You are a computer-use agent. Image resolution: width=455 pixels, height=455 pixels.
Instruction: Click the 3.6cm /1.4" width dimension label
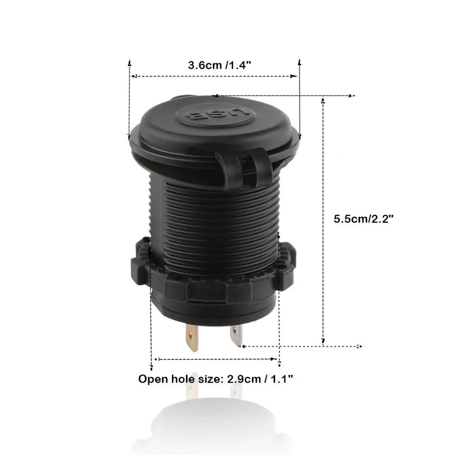pos(220,65)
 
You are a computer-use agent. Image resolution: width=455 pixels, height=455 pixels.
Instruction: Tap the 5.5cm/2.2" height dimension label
pos(364,218)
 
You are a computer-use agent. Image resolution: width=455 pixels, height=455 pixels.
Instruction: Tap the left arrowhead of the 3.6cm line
pos(132,76)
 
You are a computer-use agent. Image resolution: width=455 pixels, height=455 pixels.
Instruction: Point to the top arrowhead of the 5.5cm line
pos(323,99)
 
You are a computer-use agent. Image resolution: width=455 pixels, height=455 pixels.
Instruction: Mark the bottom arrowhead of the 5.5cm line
pos(323,340)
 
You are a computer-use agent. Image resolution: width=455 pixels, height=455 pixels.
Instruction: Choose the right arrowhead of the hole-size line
pos(276,359)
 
